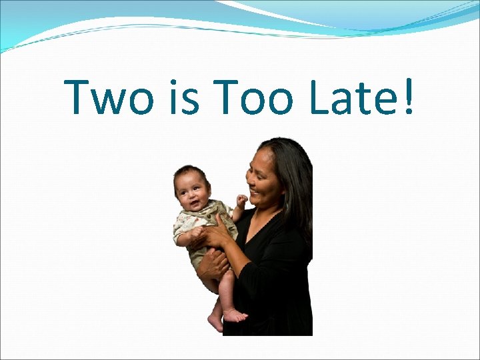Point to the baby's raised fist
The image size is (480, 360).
point(241,199)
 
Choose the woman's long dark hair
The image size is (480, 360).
point(297,180)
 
